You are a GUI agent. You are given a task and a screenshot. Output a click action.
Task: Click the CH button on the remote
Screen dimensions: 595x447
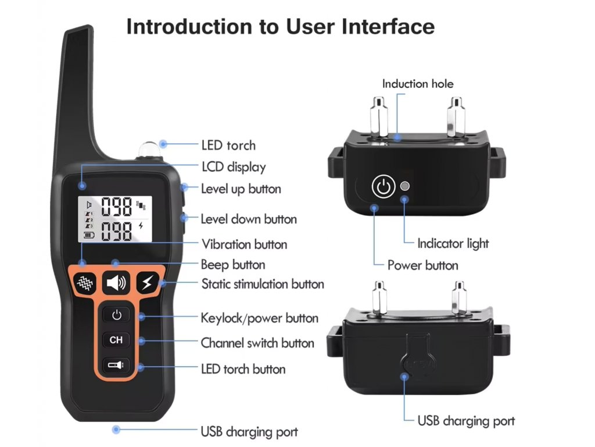116,339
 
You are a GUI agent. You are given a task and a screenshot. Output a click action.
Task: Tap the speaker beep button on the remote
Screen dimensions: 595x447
116,283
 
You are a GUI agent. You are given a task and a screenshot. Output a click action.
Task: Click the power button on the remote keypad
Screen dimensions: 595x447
117,315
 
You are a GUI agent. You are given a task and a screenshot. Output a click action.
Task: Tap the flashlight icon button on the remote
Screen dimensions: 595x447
116,365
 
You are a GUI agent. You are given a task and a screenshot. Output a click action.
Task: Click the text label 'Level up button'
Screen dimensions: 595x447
241,189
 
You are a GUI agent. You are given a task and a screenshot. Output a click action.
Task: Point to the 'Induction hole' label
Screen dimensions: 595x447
417,84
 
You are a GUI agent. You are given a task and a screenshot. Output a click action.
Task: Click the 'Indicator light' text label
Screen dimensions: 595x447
453,243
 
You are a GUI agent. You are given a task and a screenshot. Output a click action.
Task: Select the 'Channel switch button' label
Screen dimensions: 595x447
257,343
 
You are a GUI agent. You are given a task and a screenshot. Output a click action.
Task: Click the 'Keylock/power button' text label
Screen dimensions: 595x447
259,318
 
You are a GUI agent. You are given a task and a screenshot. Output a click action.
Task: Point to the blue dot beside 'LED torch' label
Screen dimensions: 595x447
164,144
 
